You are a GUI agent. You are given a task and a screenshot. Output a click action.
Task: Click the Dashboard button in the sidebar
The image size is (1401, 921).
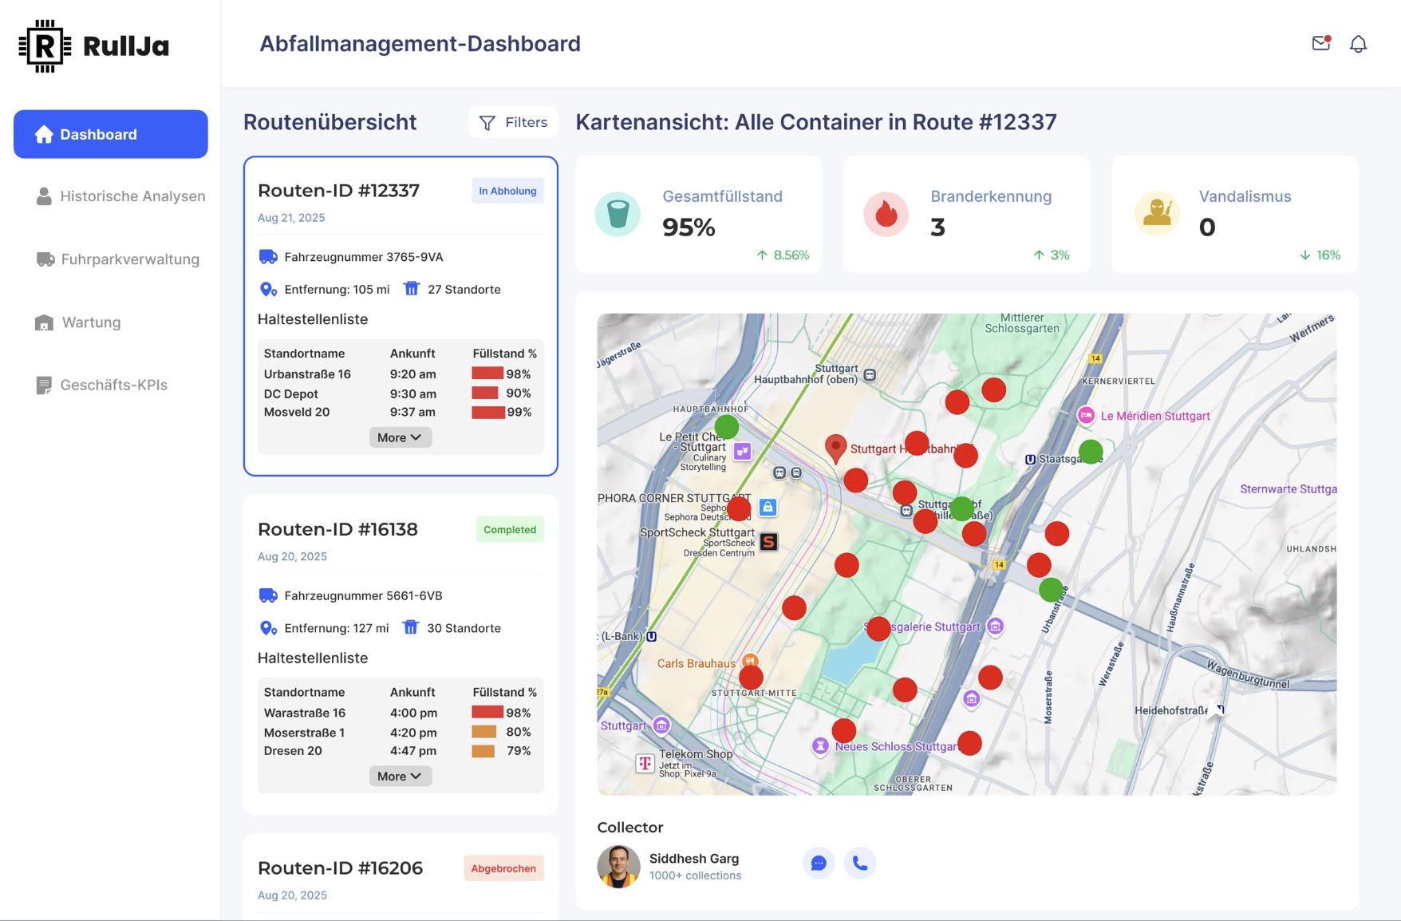111,134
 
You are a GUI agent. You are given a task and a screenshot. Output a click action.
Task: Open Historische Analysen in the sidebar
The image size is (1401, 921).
120,196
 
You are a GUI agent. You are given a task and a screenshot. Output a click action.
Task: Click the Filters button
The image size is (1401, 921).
513,122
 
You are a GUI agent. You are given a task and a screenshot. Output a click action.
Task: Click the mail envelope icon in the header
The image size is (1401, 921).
1321,44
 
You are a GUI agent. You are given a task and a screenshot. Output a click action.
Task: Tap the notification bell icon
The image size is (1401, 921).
1358,44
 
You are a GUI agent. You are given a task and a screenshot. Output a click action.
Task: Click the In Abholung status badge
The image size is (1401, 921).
507,191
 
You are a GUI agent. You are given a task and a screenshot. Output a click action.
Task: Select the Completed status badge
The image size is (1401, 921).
509,530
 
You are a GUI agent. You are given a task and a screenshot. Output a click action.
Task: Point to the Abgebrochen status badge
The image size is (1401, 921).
503,868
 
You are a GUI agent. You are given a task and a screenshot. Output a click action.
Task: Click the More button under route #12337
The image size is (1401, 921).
400,437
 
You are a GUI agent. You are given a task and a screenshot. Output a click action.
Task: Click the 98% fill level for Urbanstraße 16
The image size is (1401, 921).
502,374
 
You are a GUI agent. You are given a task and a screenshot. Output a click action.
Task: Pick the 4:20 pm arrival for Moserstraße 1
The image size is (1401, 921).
413,733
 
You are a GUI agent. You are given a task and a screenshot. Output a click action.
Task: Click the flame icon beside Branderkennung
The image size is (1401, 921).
886,214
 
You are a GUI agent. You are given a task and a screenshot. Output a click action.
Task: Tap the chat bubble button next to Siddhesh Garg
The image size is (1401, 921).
819,863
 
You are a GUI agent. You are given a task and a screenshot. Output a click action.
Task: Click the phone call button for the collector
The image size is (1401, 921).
860,863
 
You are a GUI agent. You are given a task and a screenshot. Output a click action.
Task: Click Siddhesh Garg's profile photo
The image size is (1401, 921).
618,866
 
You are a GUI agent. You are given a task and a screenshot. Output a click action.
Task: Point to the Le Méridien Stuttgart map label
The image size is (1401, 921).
1154,416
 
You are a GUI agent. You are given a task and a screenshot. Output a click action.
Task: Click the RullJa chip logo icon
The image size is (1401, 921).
45,46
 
